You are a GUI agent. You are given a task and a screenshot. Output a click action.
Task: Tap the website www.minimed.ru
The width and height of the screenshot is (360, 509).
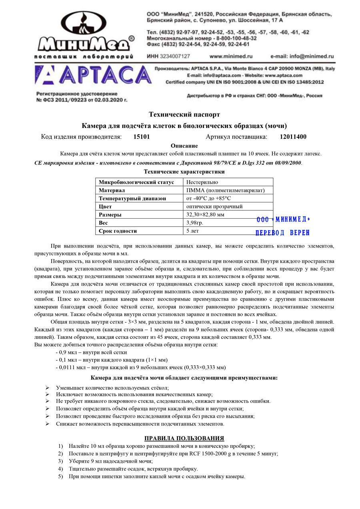tap(231, 56)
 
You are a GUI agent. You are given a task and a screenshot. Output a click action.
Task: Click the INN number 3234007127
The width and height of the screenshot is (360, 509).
tap(175, 56)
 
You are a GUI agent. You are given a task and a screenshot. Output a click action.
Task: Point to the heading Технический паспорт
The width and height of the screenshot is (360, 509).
tap(184, 115)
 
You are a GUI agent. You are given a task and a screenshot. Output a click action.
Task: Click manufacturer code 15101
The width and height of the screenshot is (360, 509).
tap(142, 137)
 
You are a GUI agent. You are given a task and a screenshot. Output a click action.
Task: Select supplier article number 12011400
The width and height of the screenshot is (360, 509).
tap(293, 137)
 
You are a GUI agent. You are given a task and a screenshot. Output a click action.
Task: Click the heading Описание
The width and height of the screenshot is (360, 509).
tap(184, 146)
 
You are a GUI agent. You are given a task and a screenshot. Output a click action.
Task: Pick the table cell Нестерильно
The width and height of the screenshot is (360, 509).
tap(202, 182)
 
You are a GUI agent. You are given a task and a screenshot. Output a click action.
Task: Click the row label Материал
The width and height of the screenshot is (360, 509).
tap(112, 190)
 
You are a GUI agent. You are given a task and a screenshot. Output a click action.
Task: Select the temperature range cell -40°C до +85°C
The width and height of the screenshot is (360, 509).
tap(209, 198)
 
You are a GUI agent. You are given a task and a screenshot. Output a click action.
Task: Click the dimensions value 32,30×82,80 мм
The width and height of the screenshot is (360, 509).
tap(206, 215)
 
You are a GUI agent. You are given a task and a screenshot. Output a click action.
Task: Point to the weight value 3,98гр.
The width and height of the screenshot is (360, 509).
tap(195, 223)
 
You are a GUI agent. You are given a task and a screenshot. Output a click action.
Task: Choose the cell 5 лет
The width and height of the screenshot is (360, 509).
tap(193, 231)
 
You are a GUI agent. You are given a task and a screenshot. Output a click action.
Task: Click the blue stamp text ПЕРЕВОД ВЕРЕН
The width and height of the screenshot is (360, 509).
tap(282, 233)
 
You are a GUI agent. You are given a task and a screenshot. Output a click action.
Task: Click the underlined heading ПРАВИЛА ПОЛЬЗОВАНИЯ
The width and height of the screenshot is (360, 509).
tap(184, 438)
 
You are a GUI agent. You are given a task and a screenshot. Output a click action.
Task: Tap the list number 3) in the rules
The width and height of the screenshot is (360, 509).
tap(60, 461)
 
